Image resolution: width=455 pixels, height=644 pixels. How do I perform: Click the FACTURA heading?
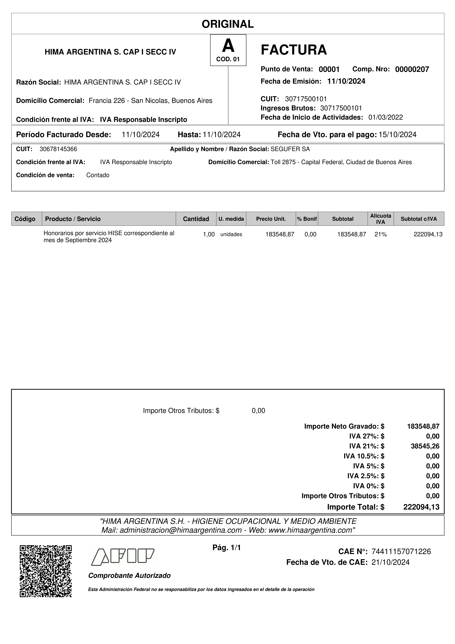tap(294, 50)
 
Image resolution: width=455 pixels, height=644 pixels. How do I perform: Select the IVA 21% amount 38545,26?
tap(425, 446)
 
